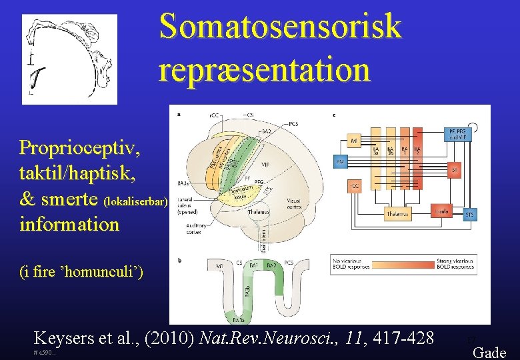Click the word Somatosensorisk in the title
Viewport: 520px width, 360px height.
click(280, 26)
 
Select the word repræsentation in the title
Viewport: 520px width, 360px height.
click(264, 69)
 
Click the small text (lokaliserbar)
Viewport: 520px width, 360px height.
click(136, 201)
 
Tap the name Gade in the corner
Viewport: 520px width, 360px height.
click(489, 353)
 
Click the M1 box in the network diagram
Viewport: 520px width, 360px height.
click(354, 141)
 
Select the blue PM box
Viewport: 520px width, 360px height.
click(340, 162)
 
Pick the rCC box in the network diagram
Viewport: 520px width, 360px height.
click(354, 185)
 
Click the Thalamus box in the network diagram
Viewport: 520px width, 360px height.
click(397, 213)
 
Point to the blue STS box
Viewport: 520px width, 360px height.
click(470, 215)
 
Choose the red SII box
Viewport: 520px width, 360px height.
click(454, 170)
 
